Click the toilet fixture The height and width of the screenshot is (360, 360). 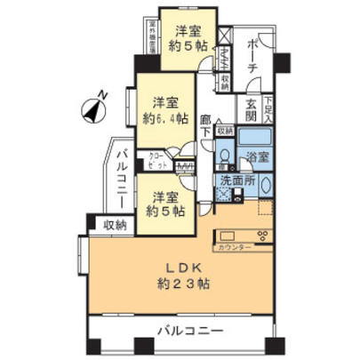(226, 156)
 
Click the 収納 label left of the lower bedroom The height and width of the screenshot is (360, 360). (113, 226)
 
